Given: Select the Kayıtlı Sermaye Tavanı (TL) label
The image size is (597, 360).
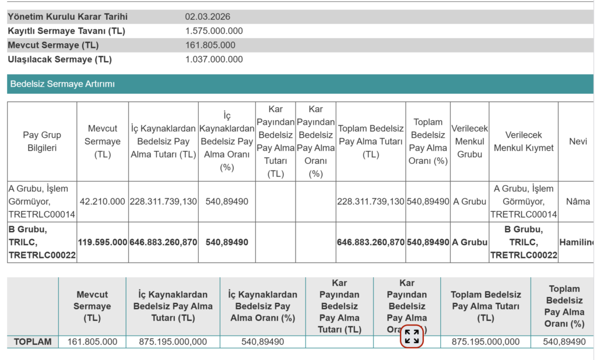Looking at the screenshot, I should (x=66, y=31).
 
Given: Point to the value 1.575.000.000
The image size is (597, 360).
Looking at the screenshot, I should (x=214, y=31).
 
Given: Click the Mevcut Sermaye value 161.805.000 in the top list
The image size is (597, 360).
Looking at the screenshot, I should (x=210, y=45).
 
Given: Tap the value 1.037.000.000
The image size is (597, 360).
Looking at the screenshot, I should (x=214, y=59).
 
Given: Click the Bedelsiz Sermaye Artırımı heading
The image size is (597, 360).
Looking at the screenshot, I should (x=62, y=84).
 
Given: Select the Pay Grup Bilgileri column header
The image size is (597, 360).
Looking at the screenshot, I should (x=42, y=141).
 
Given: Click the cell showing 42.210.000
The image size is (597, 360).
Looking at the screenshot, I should (x=102, y=201).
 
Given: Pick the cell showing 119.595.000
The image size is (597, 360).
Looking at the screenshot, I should (x=102, y=242).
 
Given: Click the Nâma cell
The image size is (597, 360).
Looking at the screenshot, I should (x=578, y=201).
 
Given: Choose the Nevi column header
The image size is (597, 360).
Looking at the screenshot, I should (x=578, y=141).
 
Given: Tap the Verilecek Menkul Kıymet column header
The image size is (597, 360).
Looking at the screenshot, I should (x=523, y=141).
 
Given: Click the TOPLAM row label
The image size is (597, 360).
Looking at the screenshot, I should (x=33, y=341).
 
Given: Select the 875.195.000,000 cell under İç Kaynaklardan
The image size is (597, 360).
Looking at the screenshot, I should (x=173, y=341).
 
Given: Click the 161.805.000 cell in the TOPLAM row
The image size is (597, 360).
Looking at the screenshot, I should (x=92, y=341).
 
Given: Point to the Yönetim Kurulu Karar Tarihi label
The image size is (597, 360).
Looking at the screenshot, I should (x=68, y=17).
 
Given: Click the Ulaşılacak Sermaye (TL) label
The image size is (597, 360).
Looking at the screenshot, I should (x=59, y=59).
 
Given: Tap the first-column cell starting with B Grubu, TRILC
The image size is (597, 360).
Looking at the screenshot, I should (x=42, y=242).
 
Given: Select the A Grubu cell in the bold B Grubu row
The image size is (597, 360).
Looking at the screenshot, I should (x=469, y=242).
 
